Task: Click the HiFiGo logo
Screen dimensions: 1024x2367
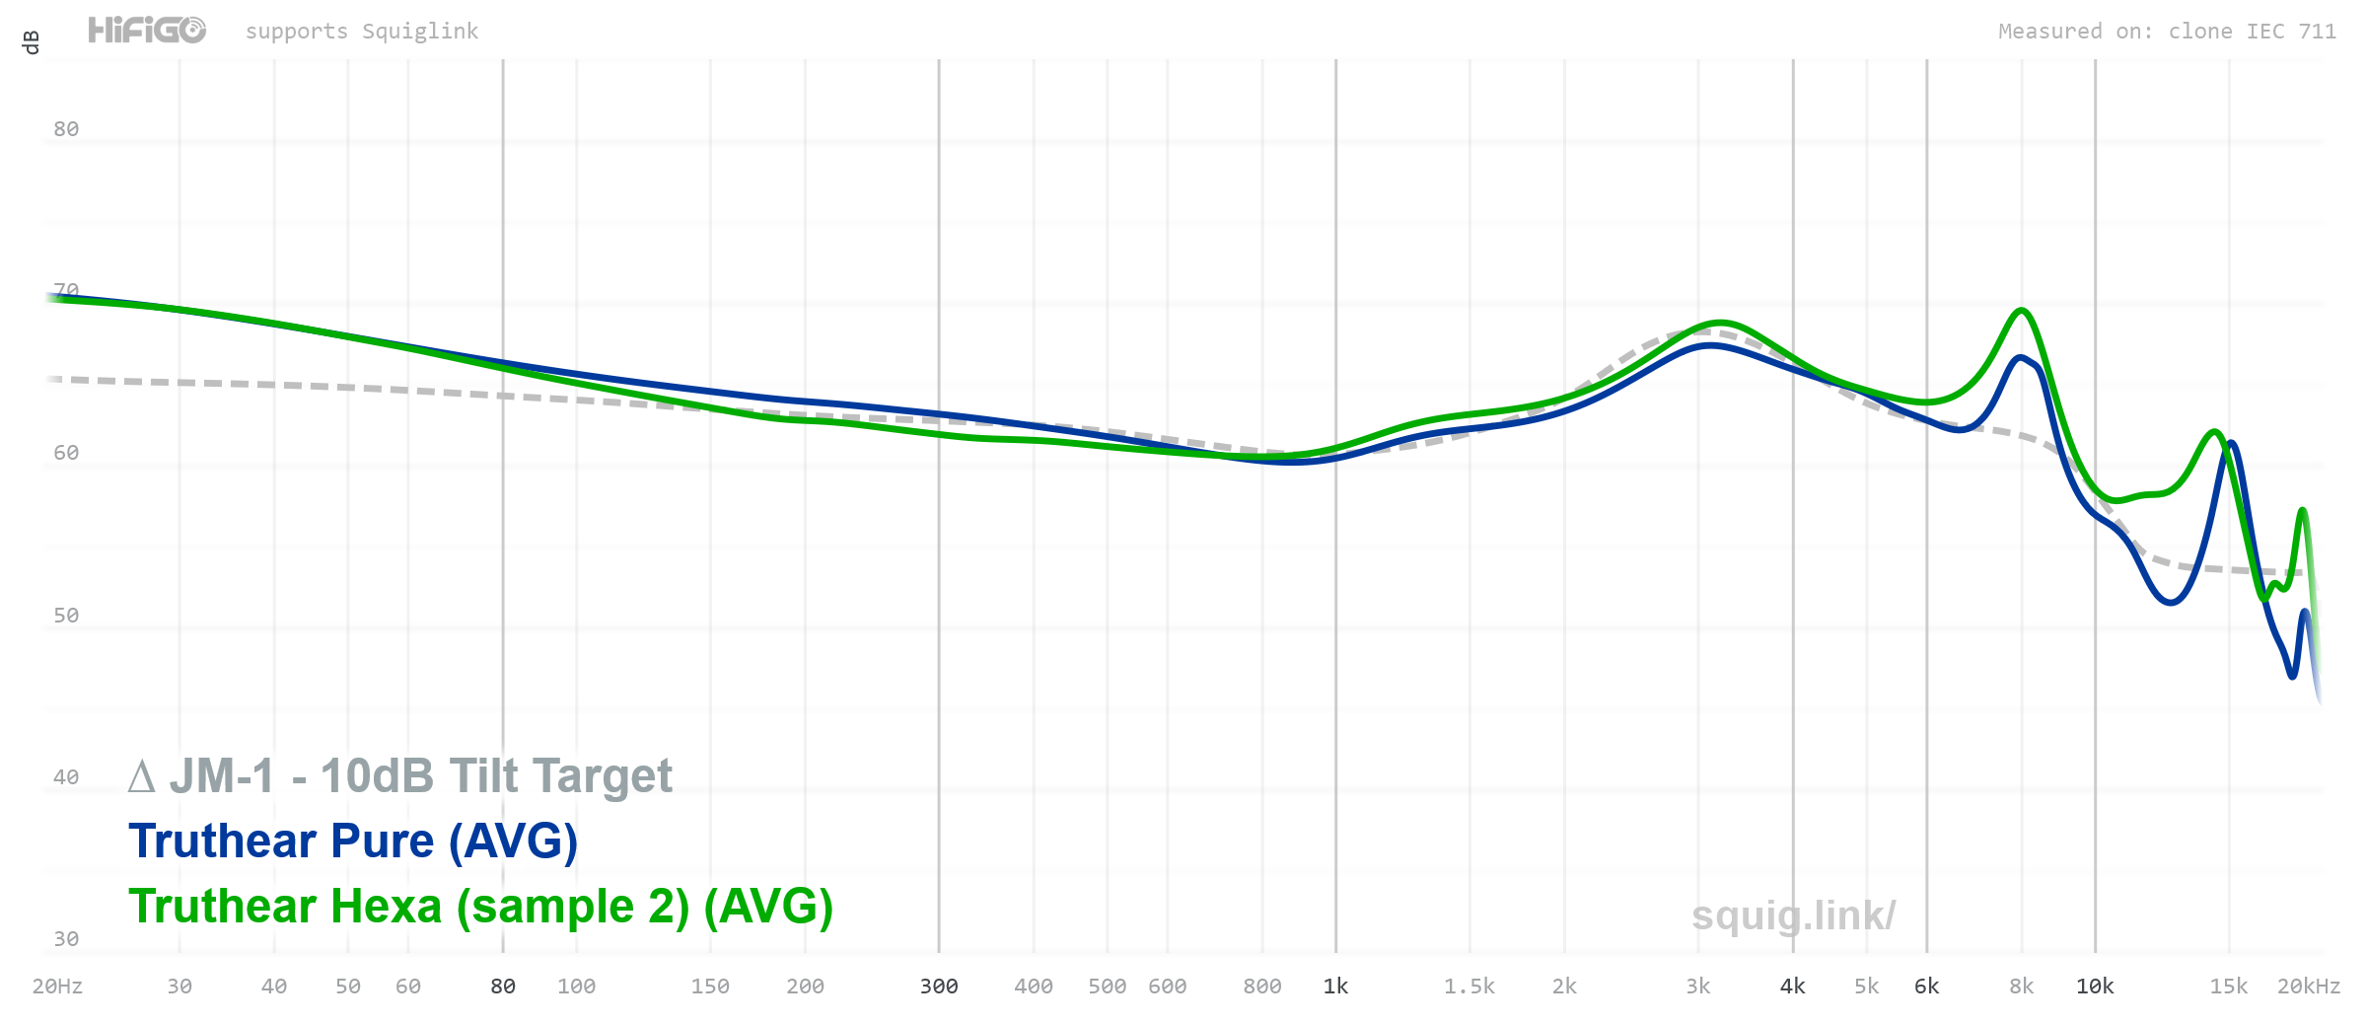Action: pyautogui.click(x=147, y=31)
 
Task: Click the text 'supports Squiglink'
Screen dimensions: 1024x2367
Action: pyautogui.click(x=361, y=32)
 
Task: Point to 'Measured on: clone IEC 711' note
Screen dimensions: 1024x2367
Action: pyautogui.click(x=2167, y=32)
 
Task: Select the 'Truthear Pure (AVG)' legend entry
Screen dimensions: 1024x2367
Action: pyautogui.click(x=352, y=841)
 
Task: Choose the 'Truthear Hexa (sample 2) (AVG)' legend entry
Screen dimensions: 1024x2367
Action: pyautogui.click(x=480, y=907)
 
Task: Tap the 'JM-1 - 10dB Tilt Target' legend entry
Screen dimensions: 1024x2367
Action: pyautogui.click(x=400, y=776)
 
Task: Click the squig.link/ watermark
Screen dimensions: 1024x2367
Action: pyautogui.click(x=1793, y=915)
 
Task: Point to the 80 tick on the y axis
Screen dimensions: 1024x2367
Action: pyautogui.click(x=66, y=129)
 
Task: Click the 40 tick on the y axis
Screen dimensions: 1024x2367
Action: pyautogui.click(x=66, y=777)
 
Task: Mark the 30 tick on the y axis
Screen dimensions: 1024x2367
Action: pyautogui.click(x=66, y=939)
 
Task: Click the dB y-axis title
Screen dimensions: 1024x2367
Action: pyautogui.click(x=31, y=42)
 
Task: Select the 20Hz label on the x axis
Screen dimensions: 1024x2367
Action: pyautogui.click(x=57, y=987)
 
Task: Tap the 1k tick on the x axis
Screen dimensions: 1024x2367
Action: pyautogui.click(x=1335, y=987)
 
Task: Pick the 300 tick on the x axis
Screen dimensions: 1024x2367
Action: pyautogui.click(x=939, y=987)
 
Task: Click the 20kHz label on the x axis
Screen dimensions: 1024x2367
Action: pyautogui.click(x=2308, y=987)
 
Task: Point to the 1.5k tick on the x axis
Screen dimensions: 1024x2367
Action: pyautogui.click(x=1469, y=987)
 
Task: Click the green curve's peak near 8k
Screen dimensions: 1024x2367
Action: pyautogui.click(x=2021, y=311)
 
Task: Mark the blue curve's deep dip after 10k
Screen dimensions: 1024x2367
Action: pyautogui.click(x=2171, y=602)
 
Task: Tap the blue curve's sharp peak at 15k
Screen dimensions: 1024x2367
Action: pyautogui.click(x=2231, y=443)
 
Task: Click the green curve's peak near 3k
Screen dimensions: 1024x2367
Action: pyautogui.click(x=1719, y=323)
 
